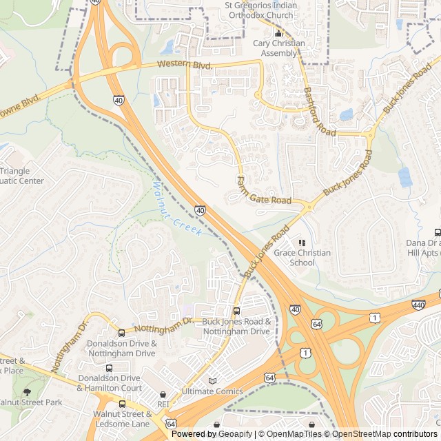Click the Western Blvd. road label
184,64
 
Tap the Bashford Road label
319,111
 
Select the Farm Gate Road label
263,192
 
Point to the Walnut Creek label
176,209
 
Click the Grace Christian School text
302,257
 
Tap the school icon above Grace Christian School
302,243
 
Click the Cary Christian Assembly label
278,48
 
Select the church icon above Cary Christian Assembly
278,33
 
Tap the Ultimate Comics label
212,391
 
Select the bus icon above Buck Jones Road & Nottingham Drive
236,311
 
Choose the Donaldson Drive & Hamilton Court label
110,383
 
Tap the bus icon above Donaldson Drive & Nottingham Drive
121,333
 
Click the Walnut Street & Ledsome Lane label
123,418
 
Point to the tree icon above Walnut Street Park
27,392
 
